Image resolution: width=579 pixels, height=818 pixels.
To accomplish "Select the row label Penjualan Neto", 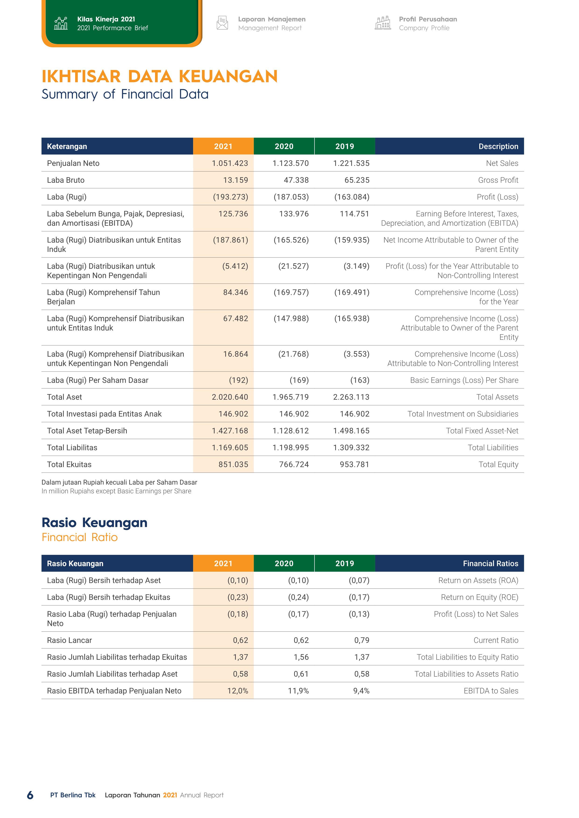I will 73,163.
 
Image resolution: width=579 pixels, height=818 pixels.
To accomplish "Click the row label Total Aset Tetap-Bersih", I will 87,431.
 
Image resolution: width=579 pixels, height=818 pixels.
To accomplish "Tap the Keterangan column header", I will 67,146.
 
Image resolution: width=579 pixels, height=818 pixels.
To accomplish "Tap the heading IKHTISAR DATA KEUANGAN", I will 159,76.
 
